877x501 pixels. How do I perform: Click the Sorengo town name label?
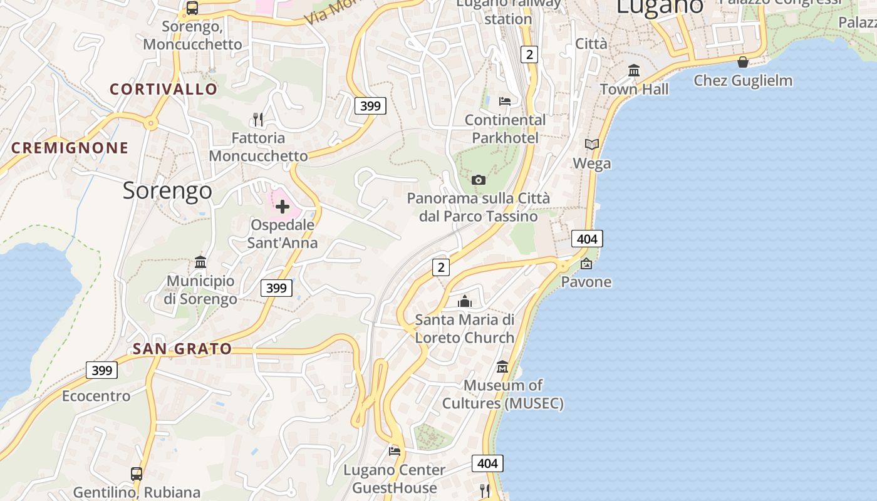(x=167, y=190)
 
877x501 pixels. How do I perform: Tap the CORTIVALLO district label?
(x=163, y=89)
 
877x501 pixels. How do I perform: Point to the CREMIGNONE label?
(x=70, y=148)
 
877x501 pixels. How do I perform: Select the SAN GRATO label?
(x=182, y=349)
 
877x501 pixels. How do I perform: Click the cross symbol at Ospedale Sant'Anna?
(x=283, y=206)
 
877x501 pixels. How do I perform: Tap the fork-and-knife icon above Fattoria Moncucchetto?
(x=257, y=119)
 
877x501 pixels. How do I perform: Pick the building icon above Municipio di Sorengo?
(x=200, y=262)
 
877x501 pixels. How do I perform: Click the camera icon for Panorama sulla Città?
(x=479, y=180)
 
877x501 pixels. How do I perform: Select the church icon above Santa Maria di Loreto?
(x=464, y=302)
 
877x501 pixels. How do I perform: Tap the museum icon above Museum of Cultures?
(x=502, y=366)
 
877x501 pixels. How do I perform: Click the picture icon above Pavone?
(x=586, y=264)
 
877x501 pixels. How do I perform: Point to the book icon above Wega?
(x=592, y=145)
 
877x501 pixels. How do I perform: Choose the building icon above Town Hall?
(x=634, y=71)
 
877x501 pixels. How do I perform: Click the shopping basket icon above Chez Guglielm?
(x=743, y=62)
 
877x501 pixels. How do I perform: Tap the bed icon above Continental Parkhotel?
(x=505, y=101)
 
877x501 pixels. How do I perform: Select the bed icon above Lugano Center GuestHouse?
(x=395, y=451)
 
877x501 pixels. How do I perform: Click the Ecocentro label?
(x=96, y=396)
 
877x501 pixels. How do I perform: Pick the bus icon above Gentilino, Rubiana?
(x=137, y=474)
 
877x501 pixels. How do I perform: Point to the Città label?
(x=591, y=44)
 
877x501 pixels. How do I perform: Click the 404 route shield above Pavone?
(x=587, y=239)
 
